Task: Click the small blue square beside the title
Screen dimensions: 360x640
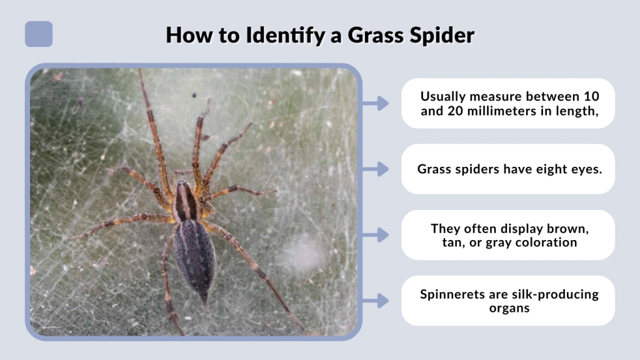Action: coord(39,34)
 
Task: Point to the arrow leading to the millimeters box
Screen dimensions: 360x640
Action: coord(376,103)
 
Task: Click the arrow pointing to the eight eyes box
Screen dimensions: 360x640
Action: coord(376,169)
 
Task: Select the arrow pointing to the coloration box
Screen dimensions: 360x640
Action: coord(376,235)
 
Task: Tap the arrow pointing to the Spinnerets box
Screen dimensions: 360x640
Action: coord(376,301)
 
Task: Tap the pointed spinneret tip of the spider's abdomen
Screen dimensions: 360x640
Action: coord(204,299)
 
